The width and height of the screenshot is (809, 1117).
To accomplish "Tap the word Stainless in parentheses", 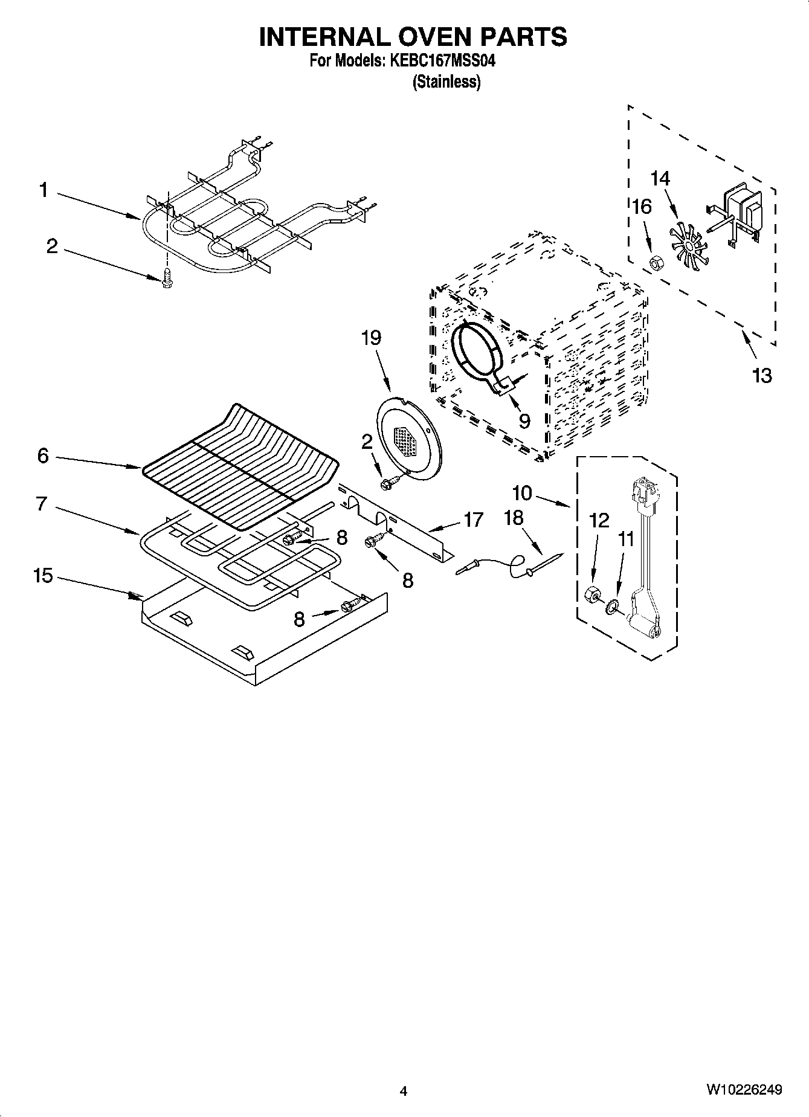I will click(x=446, y=82).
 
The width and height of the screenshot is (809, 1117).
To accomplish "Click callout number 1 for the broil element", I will click(x=43, y=191).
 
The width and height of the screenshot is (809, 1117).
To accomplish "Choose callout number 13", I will click(x=762, y=376).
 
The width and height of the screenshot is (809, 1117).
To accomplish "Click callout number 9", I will click(x=523, y=420).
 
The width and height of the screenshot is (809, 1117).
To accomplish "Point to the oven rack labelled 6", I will click(x=242, y=465).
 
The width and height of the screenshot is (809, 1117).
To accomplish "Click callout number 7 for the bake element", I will click(x=42, y=503).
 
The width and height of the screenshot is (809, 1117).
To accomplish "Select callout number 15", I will click(x=43, y=576).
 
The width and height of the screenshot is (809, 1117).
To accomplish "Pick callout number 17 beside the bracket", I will click(x=474, y=519).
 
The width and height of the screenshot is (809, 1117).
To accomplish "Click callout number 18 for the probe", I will click(x=514, y=518).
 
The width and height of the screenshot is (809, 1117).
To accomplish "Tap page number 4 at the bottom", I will click(x=404, y=1091).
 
